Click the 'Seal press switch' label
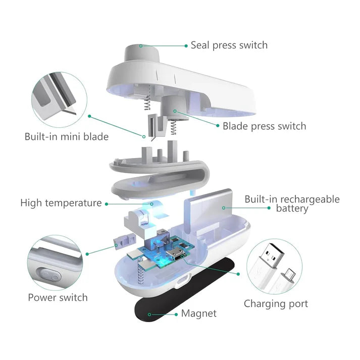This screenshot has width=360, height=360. click(229, 45)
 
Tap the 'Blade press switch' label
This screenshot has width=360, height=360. click(264, 126)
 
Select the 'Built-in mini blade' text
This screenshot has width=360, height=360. click(66, 136)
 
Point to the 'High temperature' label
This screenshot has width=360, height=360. click(61, 203)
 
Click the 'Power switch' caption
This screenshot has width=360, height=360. click(58, 297)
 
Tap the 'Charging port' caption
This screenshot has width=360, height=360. click(276, 303)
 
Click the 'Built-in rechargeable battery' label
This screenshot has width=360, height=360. click(292, 203)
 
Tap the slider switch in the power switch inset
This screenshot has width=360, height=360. click(51, 276)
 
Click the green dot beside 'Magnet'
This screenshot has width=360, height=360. click(150, 314)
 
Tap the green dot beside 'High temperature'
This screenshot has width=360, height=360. click(107, 203)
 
